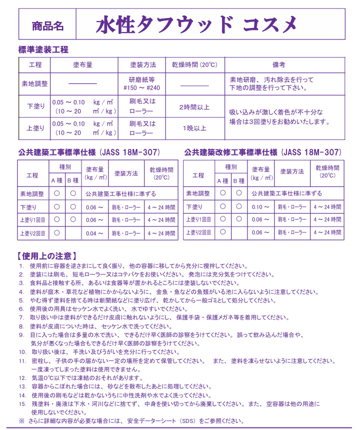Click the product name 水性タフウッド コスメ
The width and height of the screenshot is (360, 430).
pyautogui.click(x=196, y=24)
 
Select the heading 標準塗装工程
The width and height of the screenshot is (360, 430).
pyautogui.click(x=43, y=50)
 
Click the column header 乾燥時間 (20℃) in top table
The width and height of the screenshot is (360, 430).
pyautogui.click(x=194, y=65)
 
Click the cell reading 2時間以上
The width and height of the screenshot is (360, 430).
pyautogui.click(x=194, y=107)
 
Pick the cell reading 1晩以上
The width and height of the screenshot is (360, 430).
pyautogui.click(x=194, y=128)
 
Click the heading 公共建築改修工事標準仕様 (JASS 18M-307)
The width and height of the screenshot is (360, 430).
pyautogui.click(x=263, y=152)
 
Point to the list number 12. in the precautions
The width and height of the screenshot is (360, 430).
pyautogui.click(x=22, y=378)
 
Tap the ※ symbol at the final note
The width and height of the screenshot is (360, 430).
pyautogui.click(x=21, y=421)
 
